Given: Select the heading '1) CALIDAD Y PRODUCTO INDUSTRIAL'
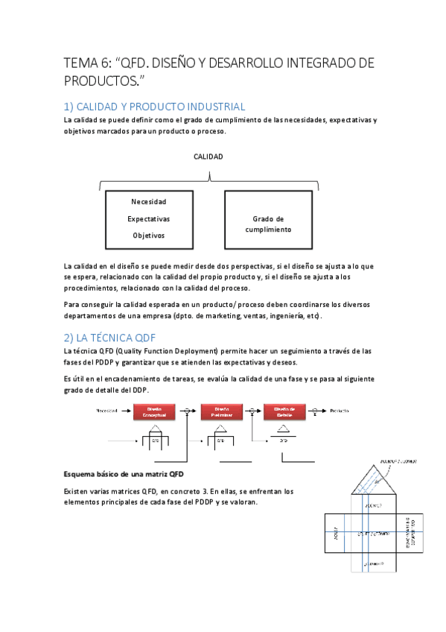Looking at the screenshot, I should [154, 107].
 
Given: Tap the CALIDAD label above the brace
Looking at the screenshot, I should [208, 157].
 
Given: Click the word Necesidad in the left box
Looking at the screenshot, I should [149, 202].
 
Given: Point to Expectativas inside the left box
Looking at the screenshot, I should [149, 219].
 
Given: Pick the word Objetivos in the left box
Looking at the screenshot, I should [149, 236].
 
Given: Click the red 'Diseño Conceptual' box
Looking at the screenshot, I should [154, 411].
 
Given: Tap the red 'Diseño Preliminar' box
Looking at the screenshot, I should [221, 411].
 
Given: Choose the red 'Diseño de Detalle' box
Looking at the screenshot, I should [284, 411].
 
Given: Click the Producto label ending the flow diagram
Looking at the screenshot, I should [340, 411].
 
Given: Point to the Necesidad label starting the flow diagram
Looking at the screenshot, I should [111, 411].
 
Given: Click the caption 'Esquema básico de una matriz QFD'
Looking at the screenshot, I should [124, 474].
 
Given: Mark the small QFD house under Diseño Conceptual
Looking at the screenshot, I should [156, 435].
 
